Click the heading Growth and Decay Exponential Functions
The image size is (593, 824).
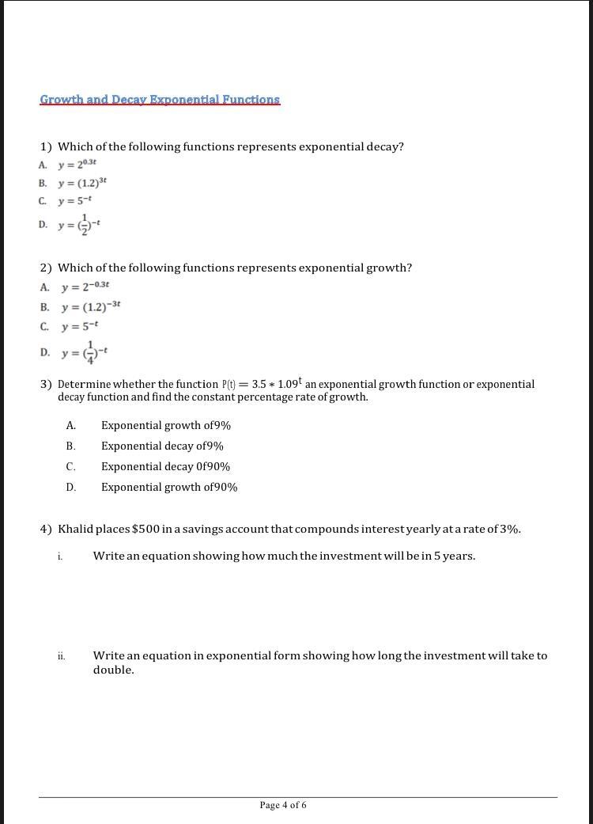160,100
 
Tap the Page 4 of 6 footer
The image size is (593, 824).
283,805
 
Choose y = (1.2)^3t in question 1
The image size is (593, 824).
81,182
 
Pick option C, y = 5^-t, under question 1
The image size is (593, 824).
75,201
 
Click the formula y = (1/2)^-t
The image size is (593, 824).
77,225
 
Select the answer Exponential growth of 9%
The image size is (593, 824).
166,425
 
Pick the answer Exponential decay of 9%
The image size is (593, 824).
162,446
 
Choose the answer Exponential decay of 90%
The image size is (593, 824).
165,466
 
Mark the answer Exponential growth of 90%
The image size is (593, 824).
169,487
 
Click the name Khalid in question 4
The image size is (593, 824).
76,529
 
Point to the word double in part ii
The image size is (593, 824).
113,670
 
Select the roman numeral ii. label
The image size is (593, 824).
61,655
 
